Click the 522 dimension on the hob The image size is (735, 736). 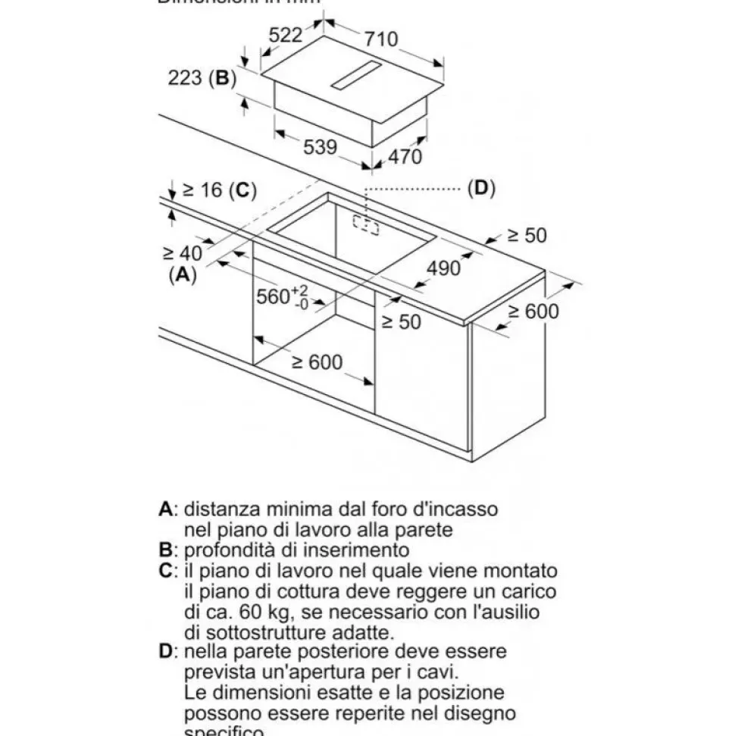point(286,35)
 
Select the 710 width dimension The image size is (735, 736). point(381,37)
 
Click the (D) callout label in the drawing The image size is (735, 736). point(480,188)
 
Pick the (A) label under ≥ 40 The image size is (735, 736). point(182,275)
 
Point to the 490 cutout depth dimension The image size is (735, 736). point(444,268)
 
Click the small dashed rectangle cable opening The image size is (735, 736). point(365,224)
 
